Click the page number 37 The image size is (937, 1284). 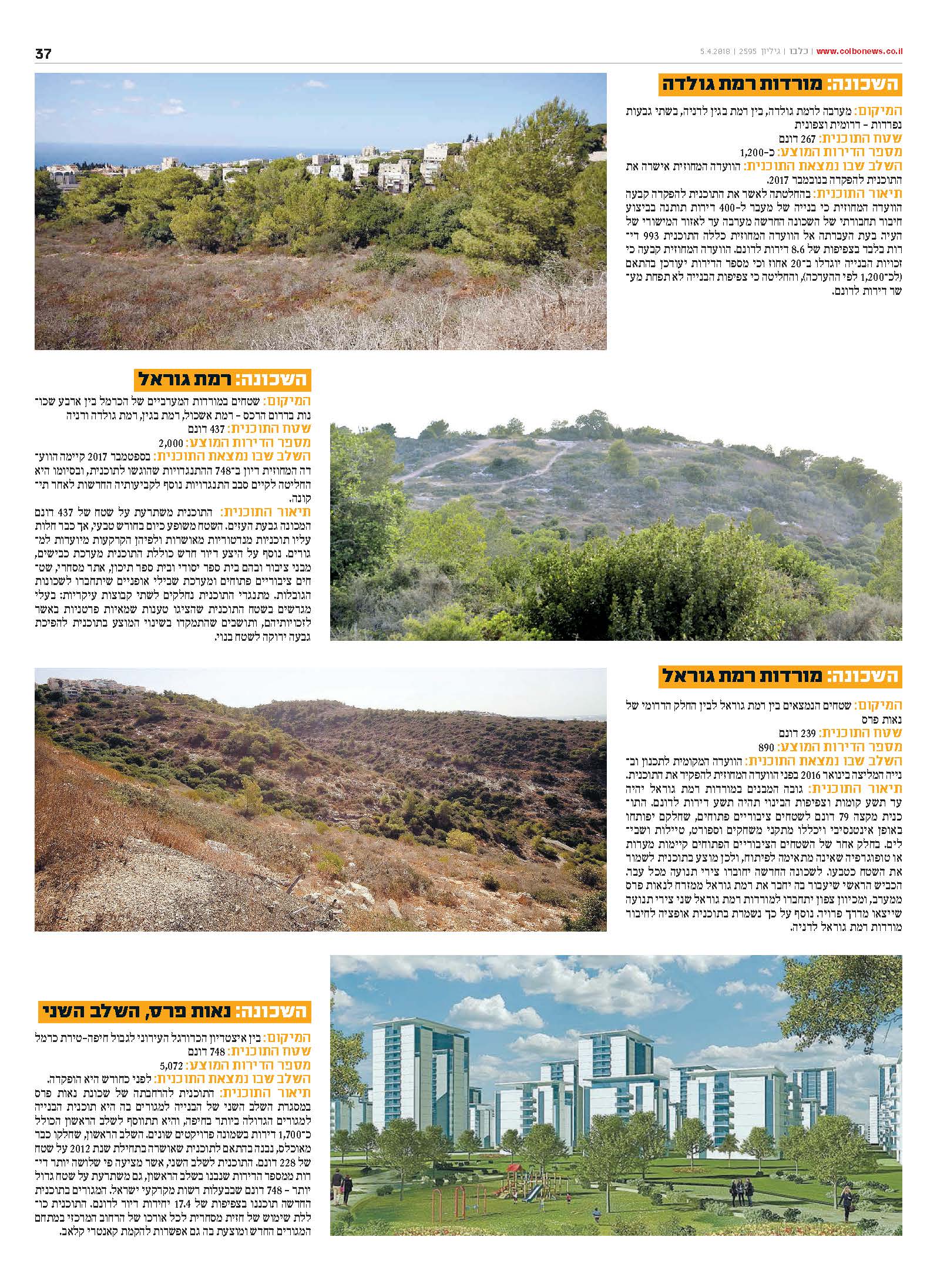point(43,53)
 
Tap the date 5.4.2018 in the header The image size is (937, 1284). point(714,52)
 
